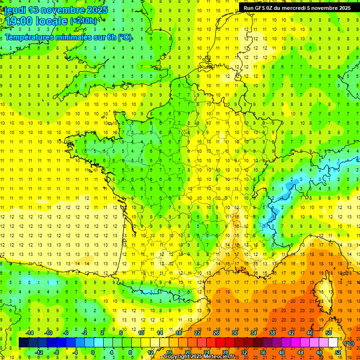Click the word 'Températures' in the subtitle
[30, 37]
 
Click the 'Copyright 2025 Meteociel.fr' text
[199, 357]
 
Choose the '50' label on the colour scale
[329, 333]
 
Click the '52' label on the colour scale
[338, 352]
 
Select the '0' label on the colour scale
[93, 352]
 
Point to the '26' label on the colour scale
[216, 333]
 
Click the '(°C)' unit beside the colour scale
[350, 343]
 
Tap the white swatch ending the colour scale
[333, 343]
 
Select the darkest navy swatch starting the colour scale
[23, 343]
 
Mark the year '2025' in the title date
[97, 10]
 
